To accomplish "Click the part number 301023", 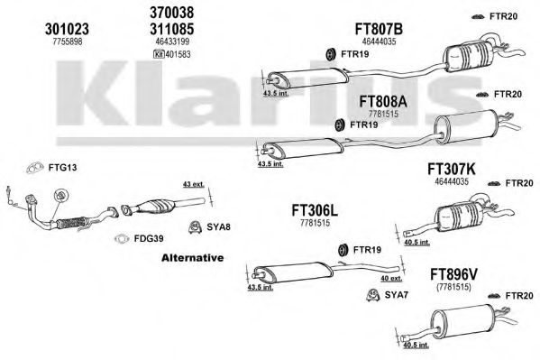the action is tap(67, 29).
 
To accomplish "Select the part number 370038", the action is tap(172, 13).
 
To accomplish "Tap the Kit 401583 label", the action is tap(172, 54).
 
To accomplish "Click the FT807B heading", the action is tap(379, 29).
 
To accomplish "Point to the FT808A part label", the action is tap(383, 101).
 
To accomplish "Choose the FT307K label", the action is tap(451, 170).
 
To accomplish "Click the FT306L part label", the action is tap(315, 210).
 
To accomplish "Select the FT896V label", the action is tap(453, 275).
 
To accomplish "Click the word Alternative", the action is tap(193, 257).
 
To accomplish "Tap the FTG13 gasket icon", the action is tap(35, 168).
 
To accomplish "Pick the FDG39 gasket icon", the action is tap(121, 238).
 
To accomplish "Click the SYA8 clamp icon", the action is tap(195, 226).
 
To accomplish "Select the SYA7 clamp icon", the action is tap(372, 294).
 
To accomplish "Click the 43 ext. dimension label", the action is tap(193, 184).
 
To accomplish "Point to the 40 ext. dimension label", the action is tap(391, 278).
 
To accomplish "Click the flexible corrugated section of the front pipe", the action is tap(71, 223).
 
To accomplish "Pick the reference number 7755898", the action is tap(68, 42).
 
